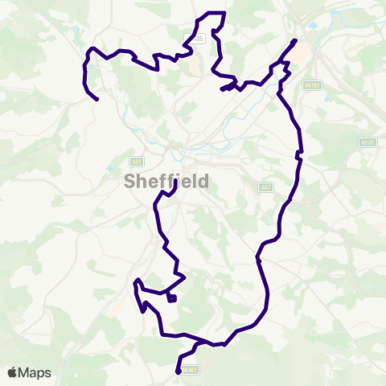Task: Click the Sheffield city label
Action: [167, 182]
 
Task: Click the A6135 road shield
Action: [198, 39]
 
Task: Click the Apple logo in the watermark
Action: [13, 373]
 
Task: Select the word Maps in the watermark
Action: [35, 373]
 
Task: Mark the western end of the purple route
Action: [97, 100]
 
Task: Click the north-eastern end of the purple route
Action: [295, 40]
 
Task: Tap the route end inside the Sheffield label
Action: [176, 182]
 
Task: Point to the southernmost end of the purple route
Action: [178, 372]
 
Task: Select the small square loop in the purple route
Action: [172, 298]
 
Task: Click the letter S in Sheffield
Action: [130, 182]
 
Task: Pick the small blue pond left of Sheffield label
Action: [110, 170]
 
